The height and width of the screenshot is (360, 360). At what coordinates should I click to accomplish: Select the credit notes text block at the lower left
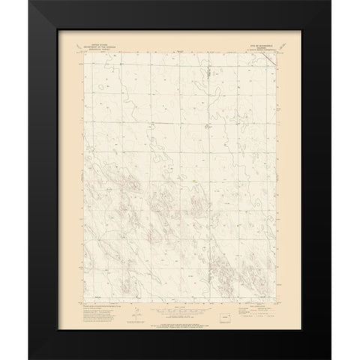pos(100,306)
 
